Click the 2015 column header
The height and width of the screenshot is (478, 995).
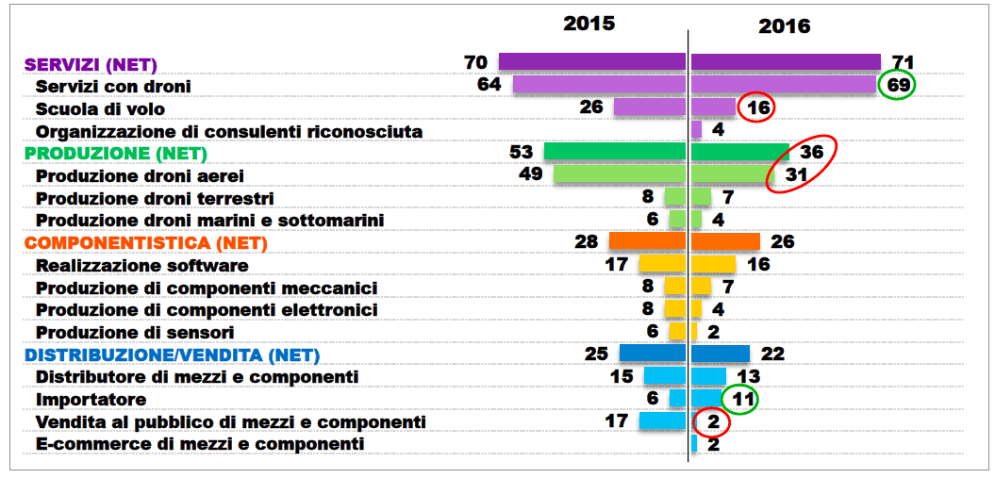click(x=589, y=23)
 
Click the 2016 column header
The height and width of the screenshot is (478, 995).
click(x=785, y=25)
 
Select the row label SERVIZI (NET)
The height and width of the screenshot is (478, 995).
click(x=91, y=64)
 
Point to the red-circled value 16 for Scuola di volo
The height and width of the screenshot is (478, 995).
click(x=758, y=107)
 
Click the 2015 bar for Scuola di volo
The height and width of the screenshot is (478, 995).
click(x=649, y=107)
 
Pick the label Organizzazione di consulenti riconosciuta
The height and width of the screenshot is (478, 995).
click(x=229, y=131)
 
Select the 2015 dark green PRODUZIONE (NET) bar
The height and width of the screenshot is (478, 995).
click(x=614, y=152)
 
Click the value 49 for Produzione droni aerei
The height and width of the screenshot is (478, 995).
click(x=531, y=174)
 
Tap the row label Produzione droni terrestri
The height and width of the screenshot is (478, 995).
click(x=155, y=198)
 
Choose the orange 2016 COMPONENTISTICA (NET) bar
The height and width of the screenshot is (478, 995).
click(x=725, y=241)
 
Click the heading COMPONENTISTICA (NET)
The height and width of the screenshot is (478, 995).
click(x=146, y=243)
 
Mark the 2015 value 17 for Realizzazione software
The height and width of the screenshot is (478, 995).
click(x=617, y=265)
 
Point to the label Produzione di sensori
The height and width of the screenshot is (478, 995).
click(x=135, y=332)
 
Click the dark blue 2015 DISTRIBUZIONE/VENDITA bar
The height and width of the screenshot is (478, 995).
click(x=652, y=354)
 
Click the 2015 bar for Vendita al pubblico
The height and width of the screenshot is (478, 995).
click(x=661, y=421)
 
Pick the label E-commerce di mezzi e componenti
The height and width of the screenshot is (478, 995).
click(x=199, y=443)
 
